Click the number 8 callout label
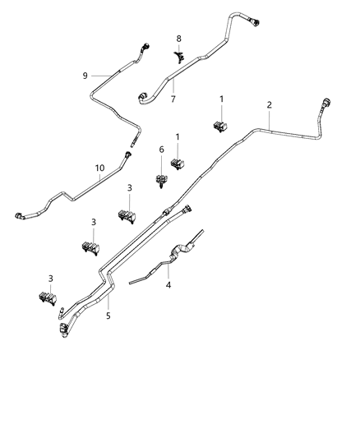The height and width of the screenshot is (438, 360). (179, 39)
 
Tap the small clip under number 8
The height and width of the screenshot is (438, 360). (178, 55)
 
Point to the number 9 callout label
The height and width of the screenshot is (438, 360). (85, 76)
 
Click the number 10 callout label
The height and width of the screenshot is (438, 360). (99, 168)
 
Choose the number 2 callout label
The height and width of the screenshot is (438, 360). (270, 105)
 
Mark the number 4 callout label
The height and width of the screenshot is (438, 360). (168, 286)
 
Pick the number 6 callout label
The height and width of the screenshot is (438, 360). (161, 149)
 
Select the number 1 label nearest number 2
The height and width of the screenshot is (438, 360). (221, 99)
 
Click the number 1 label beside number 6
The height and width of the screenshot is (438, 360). (178, 136)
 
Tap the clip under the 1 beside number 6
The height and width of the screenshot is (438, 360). (177, 164)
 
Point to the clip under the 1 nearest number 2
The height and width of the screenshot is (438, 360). (219, 126)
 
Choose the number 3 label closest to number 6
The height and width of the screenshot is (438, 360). (130, 188)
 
